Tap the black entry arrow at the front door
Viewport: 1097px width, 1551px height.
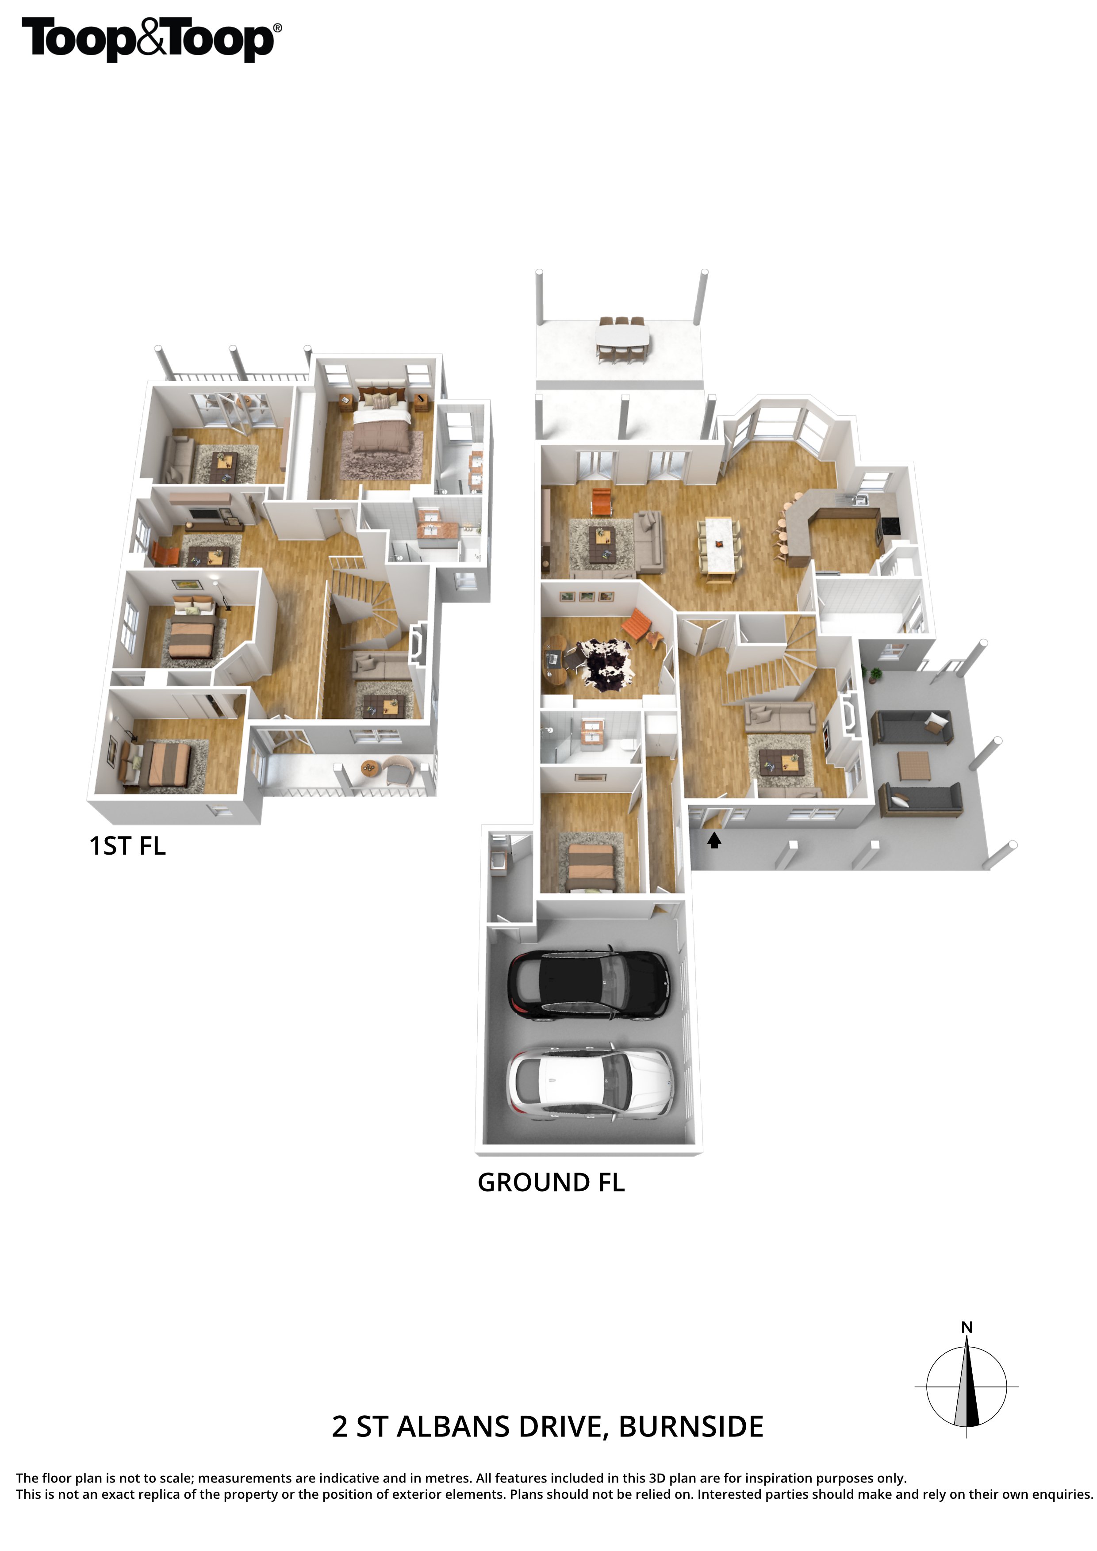click(x=714, y=840)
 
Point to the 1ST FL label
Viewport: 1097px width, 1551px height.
click(x=128, y=846)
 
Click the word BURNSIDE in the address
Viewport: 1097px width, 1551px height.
click(x=691, y=1427)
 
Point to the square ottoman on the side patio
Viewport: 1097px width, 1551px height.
click(x=914, y=765)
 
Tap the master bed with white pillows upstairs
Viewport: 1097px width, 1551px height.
click(x=382, y=423)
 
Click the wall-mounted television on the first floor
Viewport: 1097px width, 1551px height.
click(x=206, y=513)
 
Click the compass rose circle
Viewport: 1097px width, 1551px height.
click(x=967, y=1386)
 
